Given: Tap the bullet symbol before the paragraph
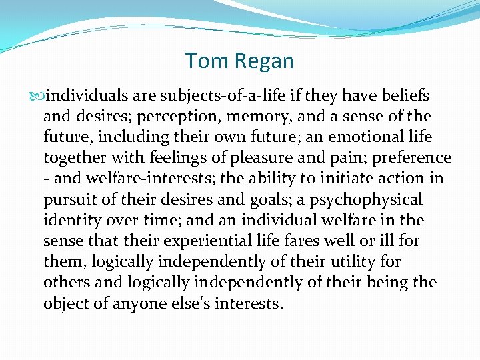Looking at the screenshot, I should [x=37, y=96].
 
